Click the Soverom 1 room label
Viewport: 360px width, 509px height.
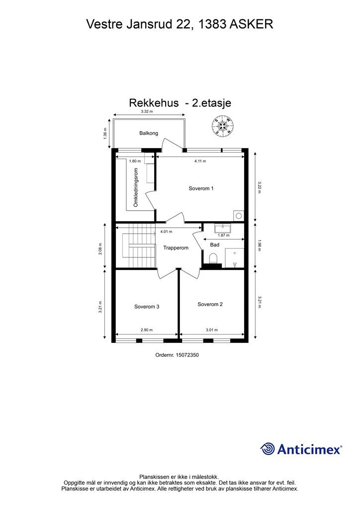pyautogui.click(x=201, y=188)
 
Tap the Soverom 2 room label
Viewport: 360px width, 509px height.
pyautogui.click(x=210, y=304)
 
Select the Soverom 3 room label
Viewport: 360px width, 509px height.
pyautogui.click(x=147, y=307)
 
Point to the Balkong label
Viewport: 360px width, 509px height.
pyautogui.click(x=149, y=133)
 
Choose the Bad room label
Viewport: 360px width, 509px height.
pyautogui.click(x=215, y=245)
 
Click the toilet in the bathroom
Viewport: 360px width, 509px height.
pyautogui.click(x=214, y=258)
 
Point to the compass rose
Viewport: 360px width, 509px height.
pyautogui.click(x=223, y=126)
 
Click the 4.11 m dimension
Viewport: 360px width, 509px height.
pyautogui.click(x=200, y=161)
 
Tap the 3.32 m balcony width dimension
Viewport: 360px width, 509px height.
pyautogui.click(x=146, y=112)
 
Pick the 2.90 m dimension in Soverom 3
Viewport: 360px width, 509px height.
pyautogui.click(x=147, y=330)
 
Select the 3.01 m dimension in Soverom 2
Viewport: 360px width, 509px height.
pyautogui.click(x=212, y=330)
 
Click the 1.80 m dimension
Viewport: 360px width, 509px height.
pyautogui.click(x=135, y=161)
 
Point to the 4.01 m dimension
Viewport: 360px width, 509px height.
pyautogui.click(x=166, y=231)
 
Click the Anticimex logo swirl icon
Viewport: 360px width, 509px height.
pyautogui.click(x=268, y=449)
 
